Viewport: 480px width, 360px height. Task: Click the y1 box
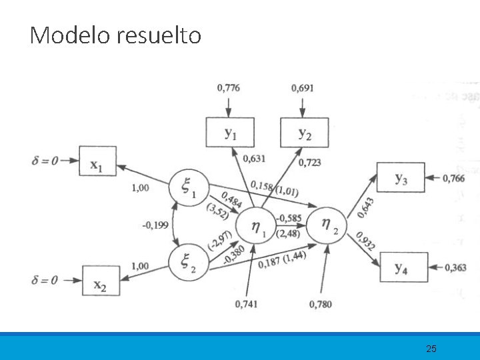click(x=230, y=133)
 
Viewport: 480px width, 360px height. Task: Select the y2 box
click(x=304, y=133)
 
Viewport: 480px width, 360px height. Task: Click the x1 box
click(x=97, y=161)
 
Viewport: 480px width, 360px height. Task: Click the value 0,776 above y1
click(x=229, y=87)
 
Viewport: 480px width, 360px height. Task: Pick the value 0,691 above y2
click(x=303, y=87)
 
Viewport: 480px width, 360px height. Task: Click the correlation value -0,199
click(x=154, y=225)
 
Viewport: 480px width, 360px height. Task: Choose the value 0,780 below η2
click(x=321, y=305)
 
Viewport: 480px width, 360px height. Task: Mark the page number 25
click(x=431, y=348)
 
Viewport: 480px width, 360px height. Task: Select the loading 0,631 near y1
click(x=253, y=159)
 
